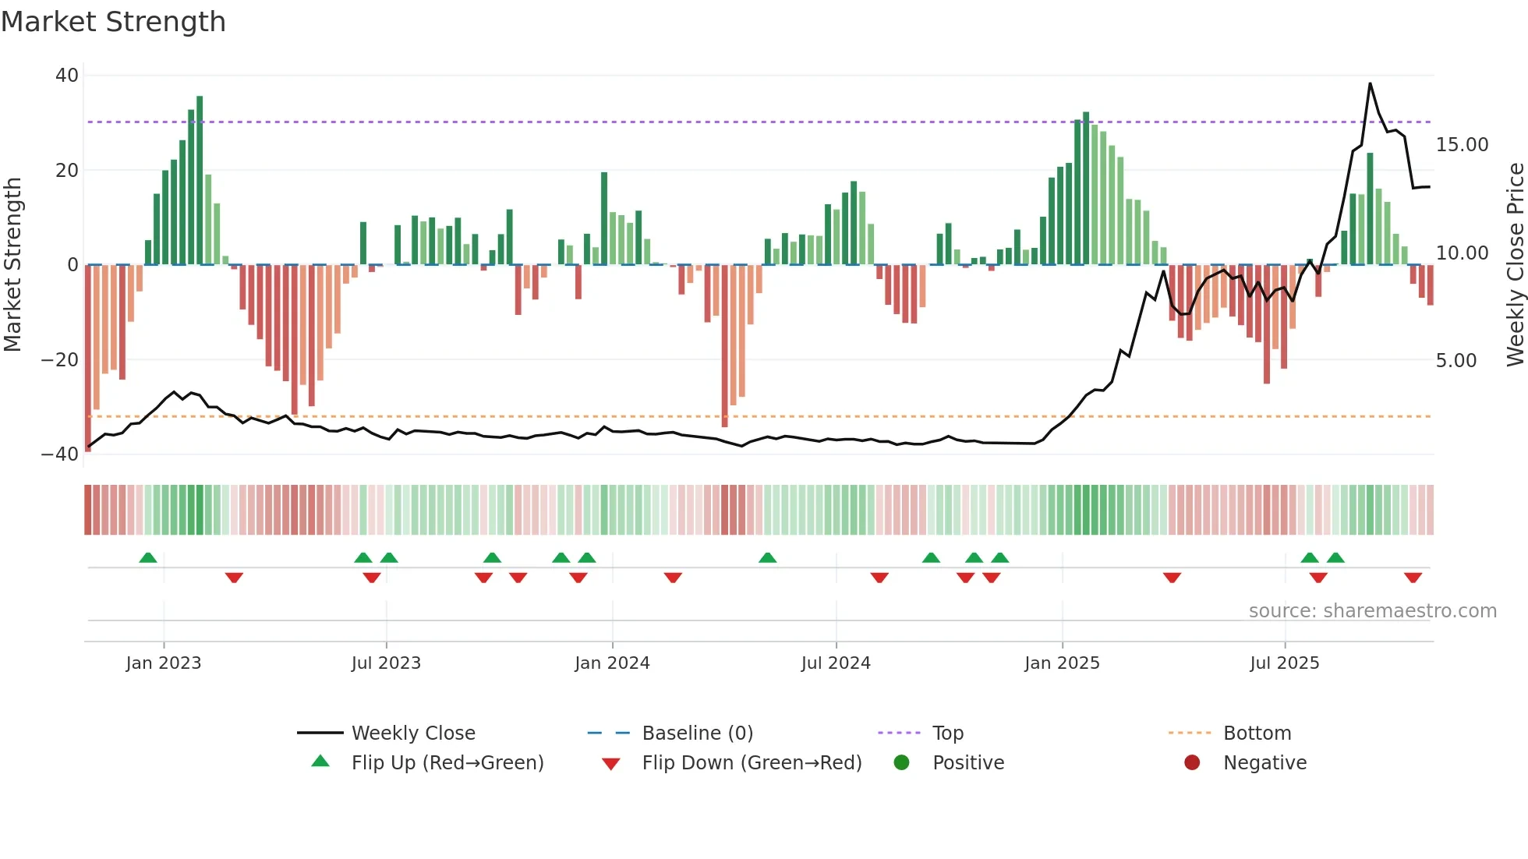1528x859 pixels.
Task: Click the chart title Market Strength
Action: point(113,22)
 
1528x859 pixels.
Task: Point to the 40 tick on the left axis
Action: point(67,76)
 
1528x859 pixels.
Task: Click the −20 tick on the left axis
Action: point(60,359)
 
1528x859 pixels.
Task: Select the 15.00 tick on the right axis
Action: point(1462,145)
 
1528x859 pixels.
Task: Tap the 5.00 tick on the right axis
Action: point(1456,361)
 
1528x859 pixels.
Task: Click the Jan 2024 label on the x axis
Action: point(612,663)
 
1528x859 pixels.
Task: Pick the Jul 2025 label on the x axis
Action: point(1284,663)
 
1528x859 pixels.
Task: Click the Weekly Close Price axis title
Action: point(1515,265)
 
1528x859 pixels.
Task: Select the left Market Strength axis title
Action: point(12,265)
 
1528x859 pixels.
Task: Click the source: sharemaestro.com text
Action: point(1372,611)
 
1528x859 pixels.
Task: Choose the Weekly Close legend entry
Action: point(412,734)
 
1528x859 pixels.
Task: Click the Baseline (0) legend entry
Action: point(697,734)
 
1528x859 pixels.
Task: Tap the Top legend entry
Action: point(947,734)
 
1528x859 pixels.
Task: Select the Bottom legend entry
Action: point(1257,734)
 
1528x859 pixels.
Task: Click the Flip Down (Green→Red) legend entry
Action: point(752,763)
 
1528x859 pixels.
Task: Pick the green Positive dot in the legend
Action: point(901,763)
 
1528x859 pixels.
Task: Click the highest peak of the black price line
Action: point(1370,84)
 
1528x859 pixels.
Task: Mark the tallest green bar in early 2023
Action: point(200,179)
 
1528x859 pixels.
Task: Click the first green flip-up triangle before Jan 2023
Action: point(148,557)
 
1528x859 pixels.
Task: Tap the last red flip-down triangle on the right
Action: point(1413,578)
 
